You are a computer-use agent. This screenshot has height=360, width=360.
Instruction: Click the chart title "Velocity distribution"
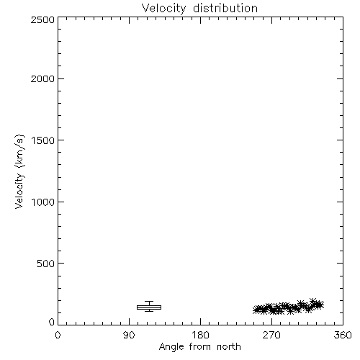click(199, 8)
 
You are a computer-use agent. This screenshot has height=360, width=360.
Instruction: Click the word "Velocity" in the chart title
click(163, 9)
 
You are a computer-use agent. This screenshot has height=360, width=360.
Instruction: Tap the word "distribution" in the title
click(225, 8)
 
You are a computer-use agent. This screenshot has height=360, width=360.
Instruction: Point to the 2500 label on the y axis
click(42, 19)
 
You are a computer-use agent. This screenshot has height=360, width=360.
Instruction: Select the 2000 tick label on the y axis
click(42, 78)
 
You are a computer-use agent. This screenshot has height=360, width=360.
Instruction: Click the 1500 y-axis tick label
click(43, 140)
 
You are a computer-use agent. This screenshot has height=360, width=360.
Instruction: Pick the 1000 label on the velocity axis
click(43, 202)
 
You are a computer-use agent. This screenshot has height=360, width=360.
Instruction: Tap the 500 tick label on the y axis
click(46, 264)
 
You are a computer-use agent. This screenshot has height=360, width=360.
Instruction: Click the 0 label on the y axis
click(52, 322)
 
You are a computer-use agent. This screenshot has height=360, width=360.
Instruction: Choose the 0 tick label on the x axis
click(58, 335)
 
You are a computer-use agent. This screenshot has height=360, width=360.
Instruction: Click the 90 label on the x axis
click(129, 335)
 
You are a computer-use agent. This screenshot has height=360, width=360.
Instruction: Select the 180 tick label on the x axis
click(200, 335)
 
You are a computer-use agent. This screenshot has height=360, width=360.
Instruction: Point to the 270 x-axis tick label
click(271, 335)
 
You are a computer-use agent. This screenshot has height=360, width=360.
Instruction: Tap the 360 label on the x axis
click(343, 335)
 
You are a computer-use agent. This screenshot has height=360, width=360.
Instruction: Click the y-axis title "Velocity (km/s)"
click(19, 171)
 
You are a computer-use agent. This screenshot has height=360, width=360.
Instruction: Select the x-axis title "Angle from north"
click(200, 347)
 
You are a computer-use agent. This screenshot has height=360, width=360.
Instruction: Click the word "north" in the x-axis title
click(229, 346)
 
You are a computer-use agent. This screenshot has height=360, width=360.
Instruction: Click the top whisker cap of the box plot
click(149, 302)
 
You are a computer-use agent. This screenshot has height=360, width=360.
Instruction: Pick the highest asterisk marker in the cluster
click(312, 301)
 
